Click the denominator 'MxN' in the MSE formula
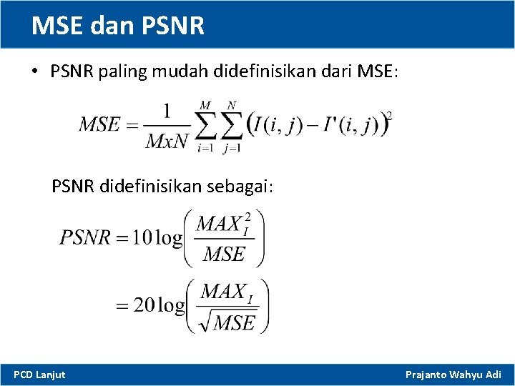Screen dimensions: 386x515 coord(167,140)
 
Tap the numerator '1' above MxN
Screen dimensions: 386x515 coord(167,110)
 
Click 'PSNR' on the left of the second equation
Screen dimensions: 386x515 coord(85,237)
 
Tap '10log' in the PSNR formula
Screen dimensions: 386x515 coord(157,237)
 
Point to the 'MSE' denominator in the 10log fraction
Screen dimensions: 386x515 coord(223,253)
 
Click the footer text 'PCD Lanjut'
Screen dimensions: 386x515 coord(39,375)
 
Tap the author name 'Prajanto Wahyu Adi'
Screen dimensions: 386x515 coord(453,375)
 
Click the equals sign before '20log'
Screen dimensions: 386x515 coord(123,306)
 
